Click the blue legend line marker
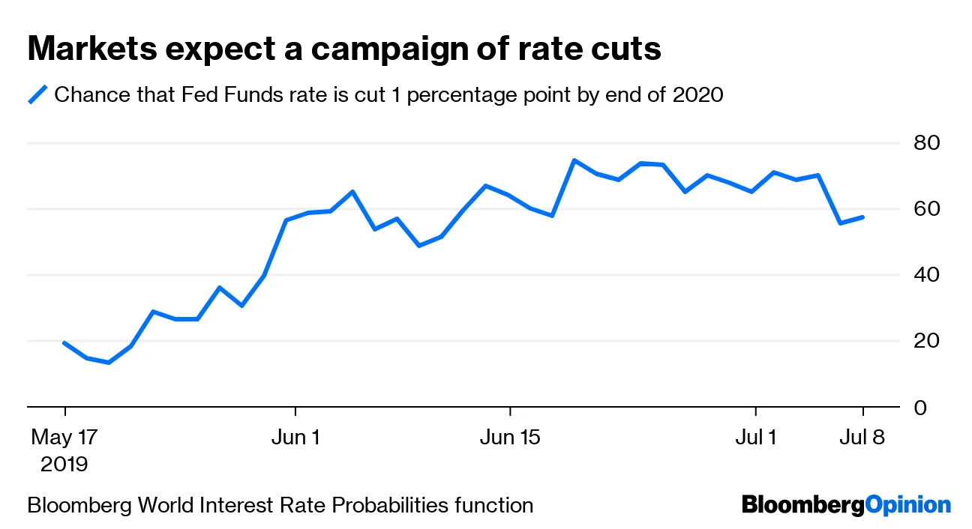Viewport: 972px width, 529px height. tap(37, 95)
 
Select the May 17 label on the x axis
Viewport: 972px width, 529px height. tap(64, 437)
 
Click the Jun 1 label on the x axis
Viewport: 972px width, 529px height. tap(295, 437)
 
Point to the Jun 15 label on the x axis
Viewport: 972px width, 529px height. tap(510, 437)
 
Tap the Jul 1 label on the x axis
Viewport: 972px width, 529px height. tap(755, 437)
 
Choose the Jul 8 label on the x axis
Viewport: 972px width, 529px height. tap(863, 437)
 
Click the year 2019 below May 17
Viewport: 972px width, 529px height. tap(64, 464)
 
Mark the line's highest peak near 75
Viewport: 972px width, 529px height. tap(574, 160)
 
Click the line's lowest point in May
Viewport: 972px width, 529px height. tap(109, 363)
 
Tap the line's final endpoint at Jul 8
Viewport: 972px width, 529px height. tap(863, 217)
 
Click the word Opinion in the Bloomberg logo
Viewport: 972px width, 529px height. tap(907, 505)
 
